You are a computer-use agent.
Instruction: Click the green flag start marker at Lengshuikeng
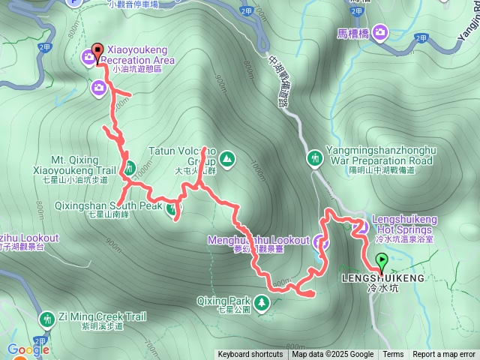click(x=381, y=262)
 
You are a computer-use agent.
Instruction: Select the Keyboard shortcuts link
click(x=250, y=355)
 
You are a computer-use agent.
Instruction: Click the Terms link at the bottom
click(x=393, y=355)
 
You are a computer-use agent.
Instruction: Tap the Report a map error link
click(x=444, y=355)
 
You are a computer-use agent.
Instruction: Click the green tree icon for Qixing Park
click(x=262, y=302)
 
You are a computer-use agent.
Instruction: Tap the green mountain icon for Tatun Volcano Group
click(x=226, y=159)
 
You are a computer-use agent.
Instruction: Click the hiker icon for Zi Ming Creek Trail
click(x=47, y=319)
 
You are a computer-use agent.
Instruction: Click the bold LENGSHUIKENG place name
click(x=382, y=278)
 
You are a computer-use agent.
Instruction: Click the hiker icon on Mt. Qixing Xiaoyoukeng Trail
click(x=129, y=167)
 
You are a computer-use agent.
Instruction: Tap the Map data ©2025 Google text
click(x=333, y=355)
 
